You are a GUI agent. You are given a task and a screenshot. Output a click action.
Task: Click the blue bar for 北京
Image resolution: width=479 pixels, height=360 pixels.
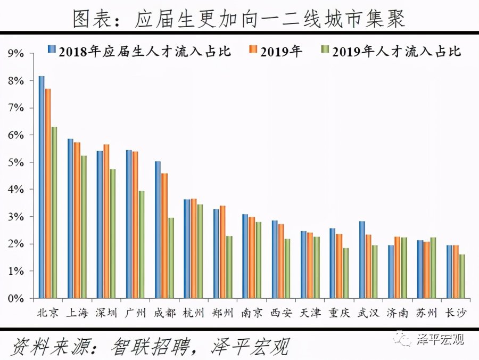click(x=42, y=187)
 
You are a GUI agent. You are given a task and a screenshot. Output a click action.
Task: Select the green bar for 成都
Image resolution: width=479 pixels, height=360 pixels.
click(x=171, y=258)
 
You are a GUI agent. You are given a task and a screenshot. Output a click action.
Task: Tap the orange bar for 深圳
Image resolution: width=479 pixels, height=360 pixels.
click(x=106, y=221)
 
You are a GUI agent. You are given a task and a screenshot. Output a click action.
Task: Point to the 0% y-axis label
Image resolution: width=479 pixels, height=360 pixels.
click(x=16, y=298)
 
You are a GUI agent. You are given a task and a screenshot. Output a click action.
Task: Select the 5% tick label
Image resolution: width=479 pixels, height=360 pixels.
click(x=16, y=162)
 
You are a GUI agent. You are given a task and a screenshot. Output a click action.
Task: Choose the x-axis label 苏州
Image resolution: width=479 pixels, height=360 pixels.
click(x=426, y=313)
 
